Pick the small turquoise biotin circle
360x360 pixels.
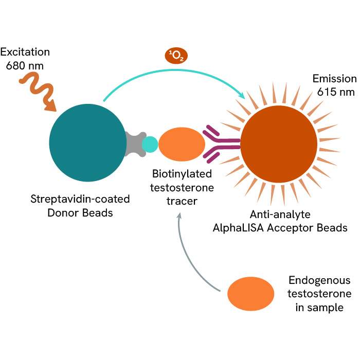(x=150, y=144)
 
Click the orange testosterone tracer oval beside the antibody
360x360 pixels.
(x=178, y=145)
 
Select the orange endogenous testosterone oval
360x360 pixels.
(x=250, y=294)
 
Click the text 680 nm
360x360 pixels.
(x=25, y=65)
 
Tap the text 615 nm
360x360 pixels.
(x=334, y=92)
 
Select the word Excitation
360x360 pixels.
(x=25, y=52)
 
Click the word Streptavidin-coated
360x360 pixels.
(x=80, y=199)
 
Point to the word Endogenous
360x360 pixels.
(x=319, y=281)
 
